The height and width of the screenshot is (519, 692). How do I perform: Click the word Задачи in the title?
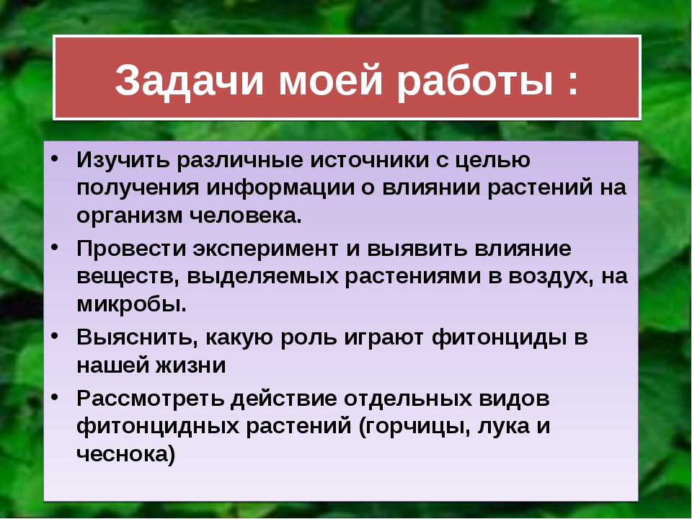(190, 80)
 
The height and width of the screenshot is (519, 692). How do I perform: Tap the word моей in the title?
(330, 80)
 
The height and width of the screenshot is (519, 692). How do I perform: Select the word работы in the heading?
(475, 80)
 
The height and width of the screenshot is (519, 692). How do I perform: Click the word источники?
(369, 160)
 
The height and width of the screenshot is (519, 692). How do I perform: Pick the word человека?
(246, 216)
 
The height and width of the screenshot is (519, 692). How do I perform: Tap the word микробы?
(131, 303)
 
